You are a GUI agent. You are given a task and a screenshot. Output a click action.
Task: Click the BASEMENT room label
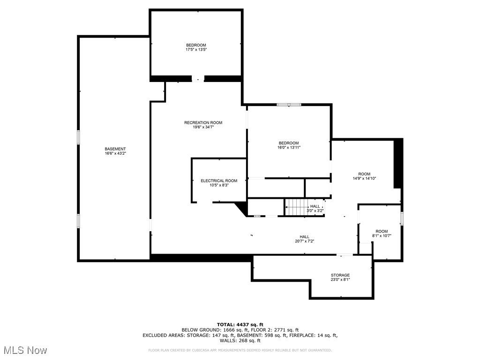tap(115, 149)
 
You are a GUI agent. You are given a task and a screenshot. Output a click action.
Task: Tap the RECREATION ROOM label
tap(203, 123)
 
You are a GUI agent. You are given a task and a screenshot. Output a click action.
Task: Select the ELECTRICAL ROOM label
tap(219, 180)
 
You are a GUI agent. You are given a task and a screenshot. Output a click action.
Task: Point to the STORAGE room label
tap(340, 275)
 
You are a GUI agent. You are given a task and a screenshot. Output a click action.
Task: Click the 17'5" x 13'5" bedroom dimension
tap(196, 49)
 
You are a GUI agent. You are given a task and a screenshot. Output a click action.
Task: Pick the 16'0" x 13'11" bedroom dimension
tap(288, 147)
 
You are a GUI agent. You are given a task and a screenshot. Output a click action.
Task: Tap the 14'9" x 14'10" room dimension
tap(364, 178)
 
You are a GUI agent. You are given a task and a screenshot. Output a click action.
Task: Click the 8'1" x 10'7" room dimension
tap(382, 236)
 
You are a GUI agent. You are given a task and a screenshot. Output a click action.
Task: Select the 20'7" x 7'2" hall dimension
tap(304, 241)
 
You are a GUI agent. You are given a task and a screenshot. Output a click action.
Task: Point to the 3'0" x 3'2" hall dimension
tap(315, 210)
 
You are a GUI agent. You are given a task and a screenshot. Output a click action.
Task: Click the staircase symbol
tap(295, 207)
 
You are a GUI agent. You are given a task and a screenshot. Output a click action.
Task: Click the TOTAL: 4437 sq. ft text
tap(240, 324)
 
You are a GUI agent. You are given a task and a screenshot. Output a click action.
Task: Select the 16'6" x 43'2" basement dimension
tap(115, 153)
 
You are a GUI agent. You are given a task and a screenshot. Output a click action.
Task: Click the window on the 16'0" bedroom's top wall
tap(288, 105)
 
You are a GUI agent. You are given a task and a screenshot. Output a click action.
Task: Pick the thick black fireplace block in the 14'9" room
tap(398, 164)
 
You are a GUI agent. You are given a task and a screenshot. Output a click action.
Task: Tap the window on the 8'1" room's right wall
tap(402, 218)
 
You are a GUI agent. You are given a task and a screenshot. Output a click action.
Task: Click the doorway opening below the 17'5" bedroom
tap(198, 79)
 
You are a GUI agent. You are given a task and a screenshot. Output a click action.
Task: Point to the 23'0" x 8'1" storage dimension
tap(340, 279)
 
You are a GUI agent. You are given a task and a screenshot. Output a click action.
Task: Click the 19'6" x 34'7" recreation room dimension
tap(203, 127)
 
